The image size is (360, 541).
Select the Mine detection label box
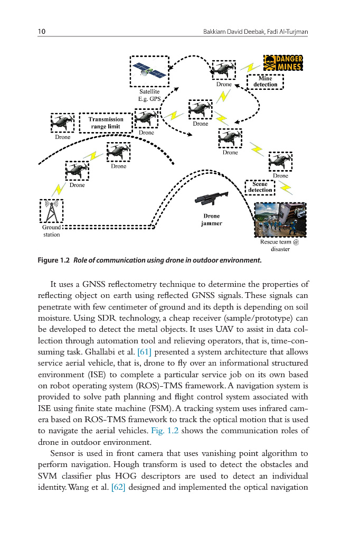(x=266, y=81)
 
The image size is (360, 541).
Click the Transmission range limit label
(x=106, y=123)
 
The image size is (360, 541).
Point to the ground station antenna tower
(x=51, y=211)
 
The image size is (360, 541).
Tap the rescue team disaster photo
(x=280, y=220)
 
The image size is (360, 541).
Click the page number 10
(x=41, y=32)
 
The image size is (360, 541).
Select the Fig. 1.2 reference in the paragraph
(x=165, y=431)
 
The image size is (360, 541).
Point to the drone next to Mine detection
(x=224, y=69)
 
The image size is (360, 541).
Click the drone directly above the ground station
(x=77, y=170)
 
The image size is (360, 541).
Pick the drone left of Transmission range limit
(x=62, y=123)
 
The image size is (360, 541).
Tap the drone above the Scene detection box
(x=280, y=162)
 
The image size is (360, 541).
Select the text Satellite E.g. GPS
(x=149, y=95)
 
